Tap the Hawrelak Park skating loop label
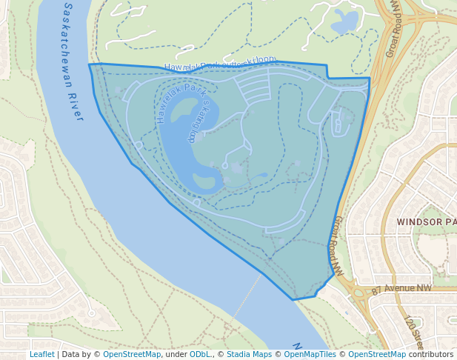coord(181,111)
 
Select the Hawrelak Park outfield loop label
coord(219,64)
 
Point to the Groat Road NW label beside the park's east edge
coord(337,245)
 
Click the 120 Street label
coord(413,331)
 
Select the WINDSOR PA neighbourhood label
coord(426,221)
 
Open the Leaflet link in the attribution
coord(41,354)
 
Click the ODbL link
coord(200,354)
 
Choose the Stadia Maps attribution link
coord(249,354)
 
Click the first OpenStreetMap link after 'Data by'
coord(132,354)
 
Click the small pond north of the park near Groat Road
coord(344,23)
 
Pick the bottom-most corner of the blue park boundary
coord(294,300)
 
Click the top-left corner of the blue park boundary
coord(90,64)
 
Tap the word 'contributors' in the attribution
coord(431,354)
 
